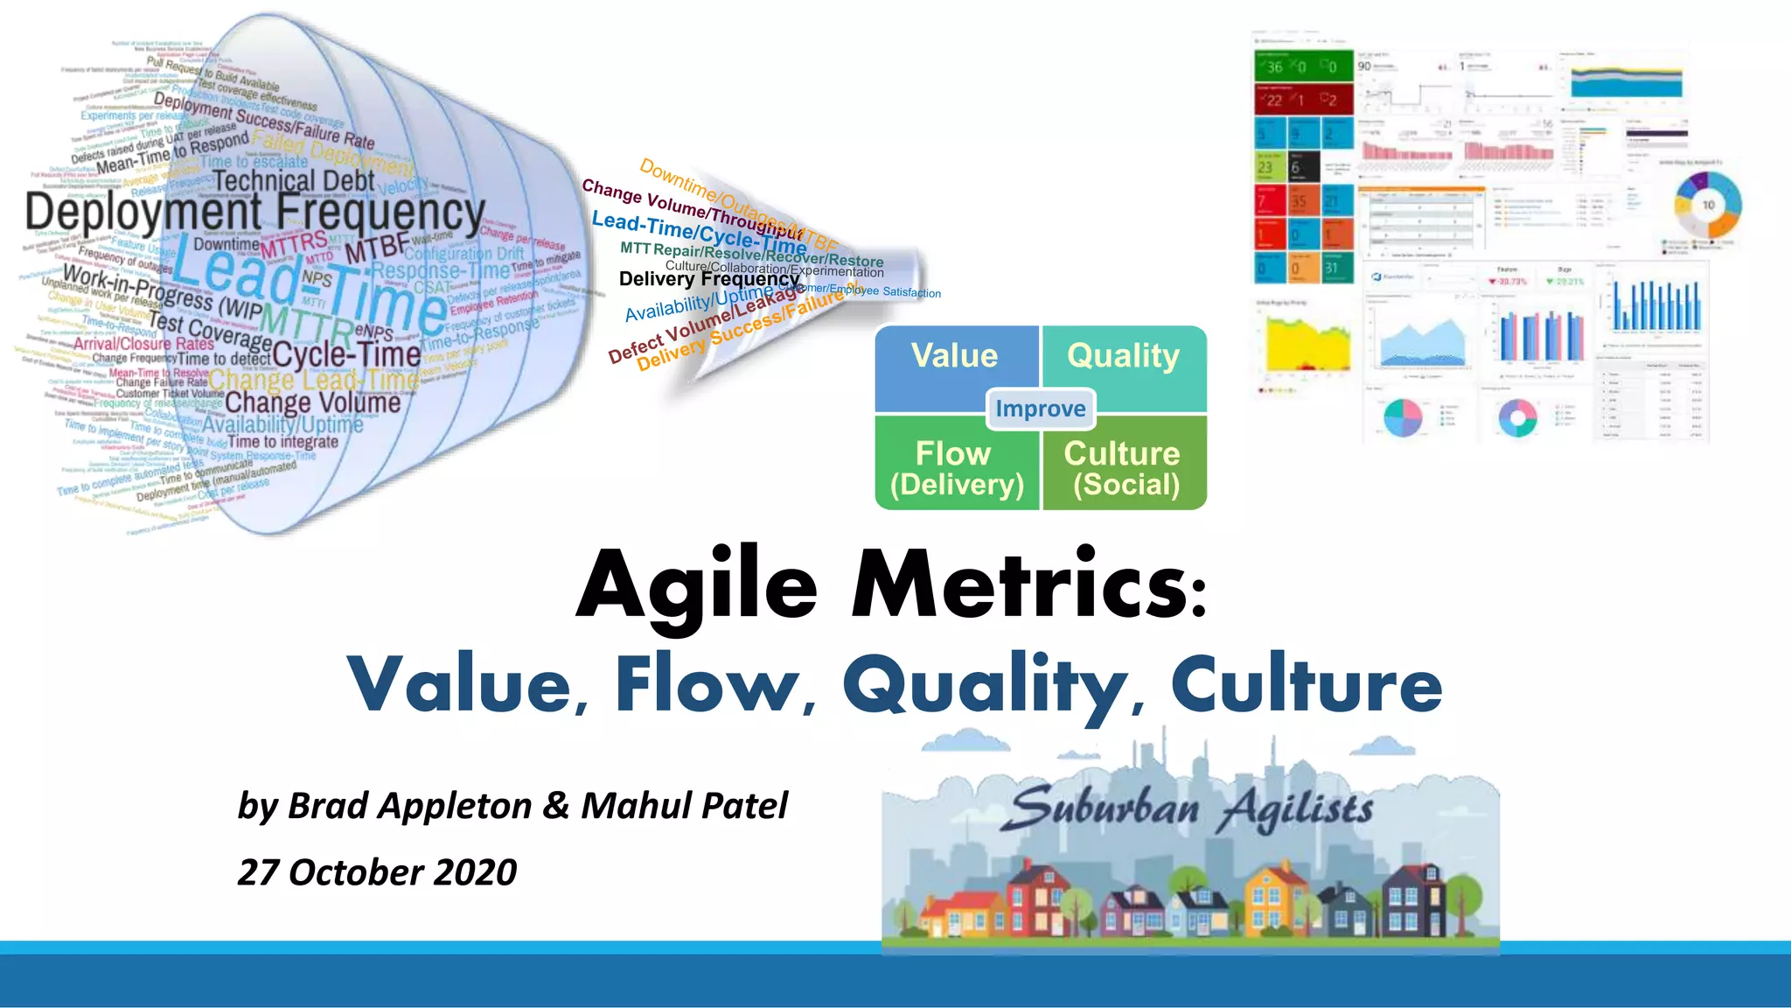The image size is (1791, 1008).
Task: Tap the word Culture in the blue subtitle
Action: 1307,684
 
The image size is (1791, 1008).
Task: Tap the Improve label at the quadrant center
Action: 1041,409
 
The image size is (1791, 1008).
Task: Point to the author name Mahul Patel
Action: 685,806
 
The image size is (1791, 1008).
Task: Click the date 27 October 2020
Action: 377,872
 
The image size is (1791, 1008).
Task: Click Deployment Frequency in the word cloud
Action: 254,213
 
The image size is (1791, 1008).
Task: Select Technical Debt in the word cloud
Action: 293,181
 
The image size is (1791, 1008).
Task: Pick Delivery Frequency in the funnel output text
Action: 708,279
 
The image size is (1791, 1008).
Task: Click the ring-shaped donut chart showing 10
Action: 1707,206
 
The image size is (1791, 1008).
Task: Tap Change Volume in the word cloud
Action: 312,402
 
